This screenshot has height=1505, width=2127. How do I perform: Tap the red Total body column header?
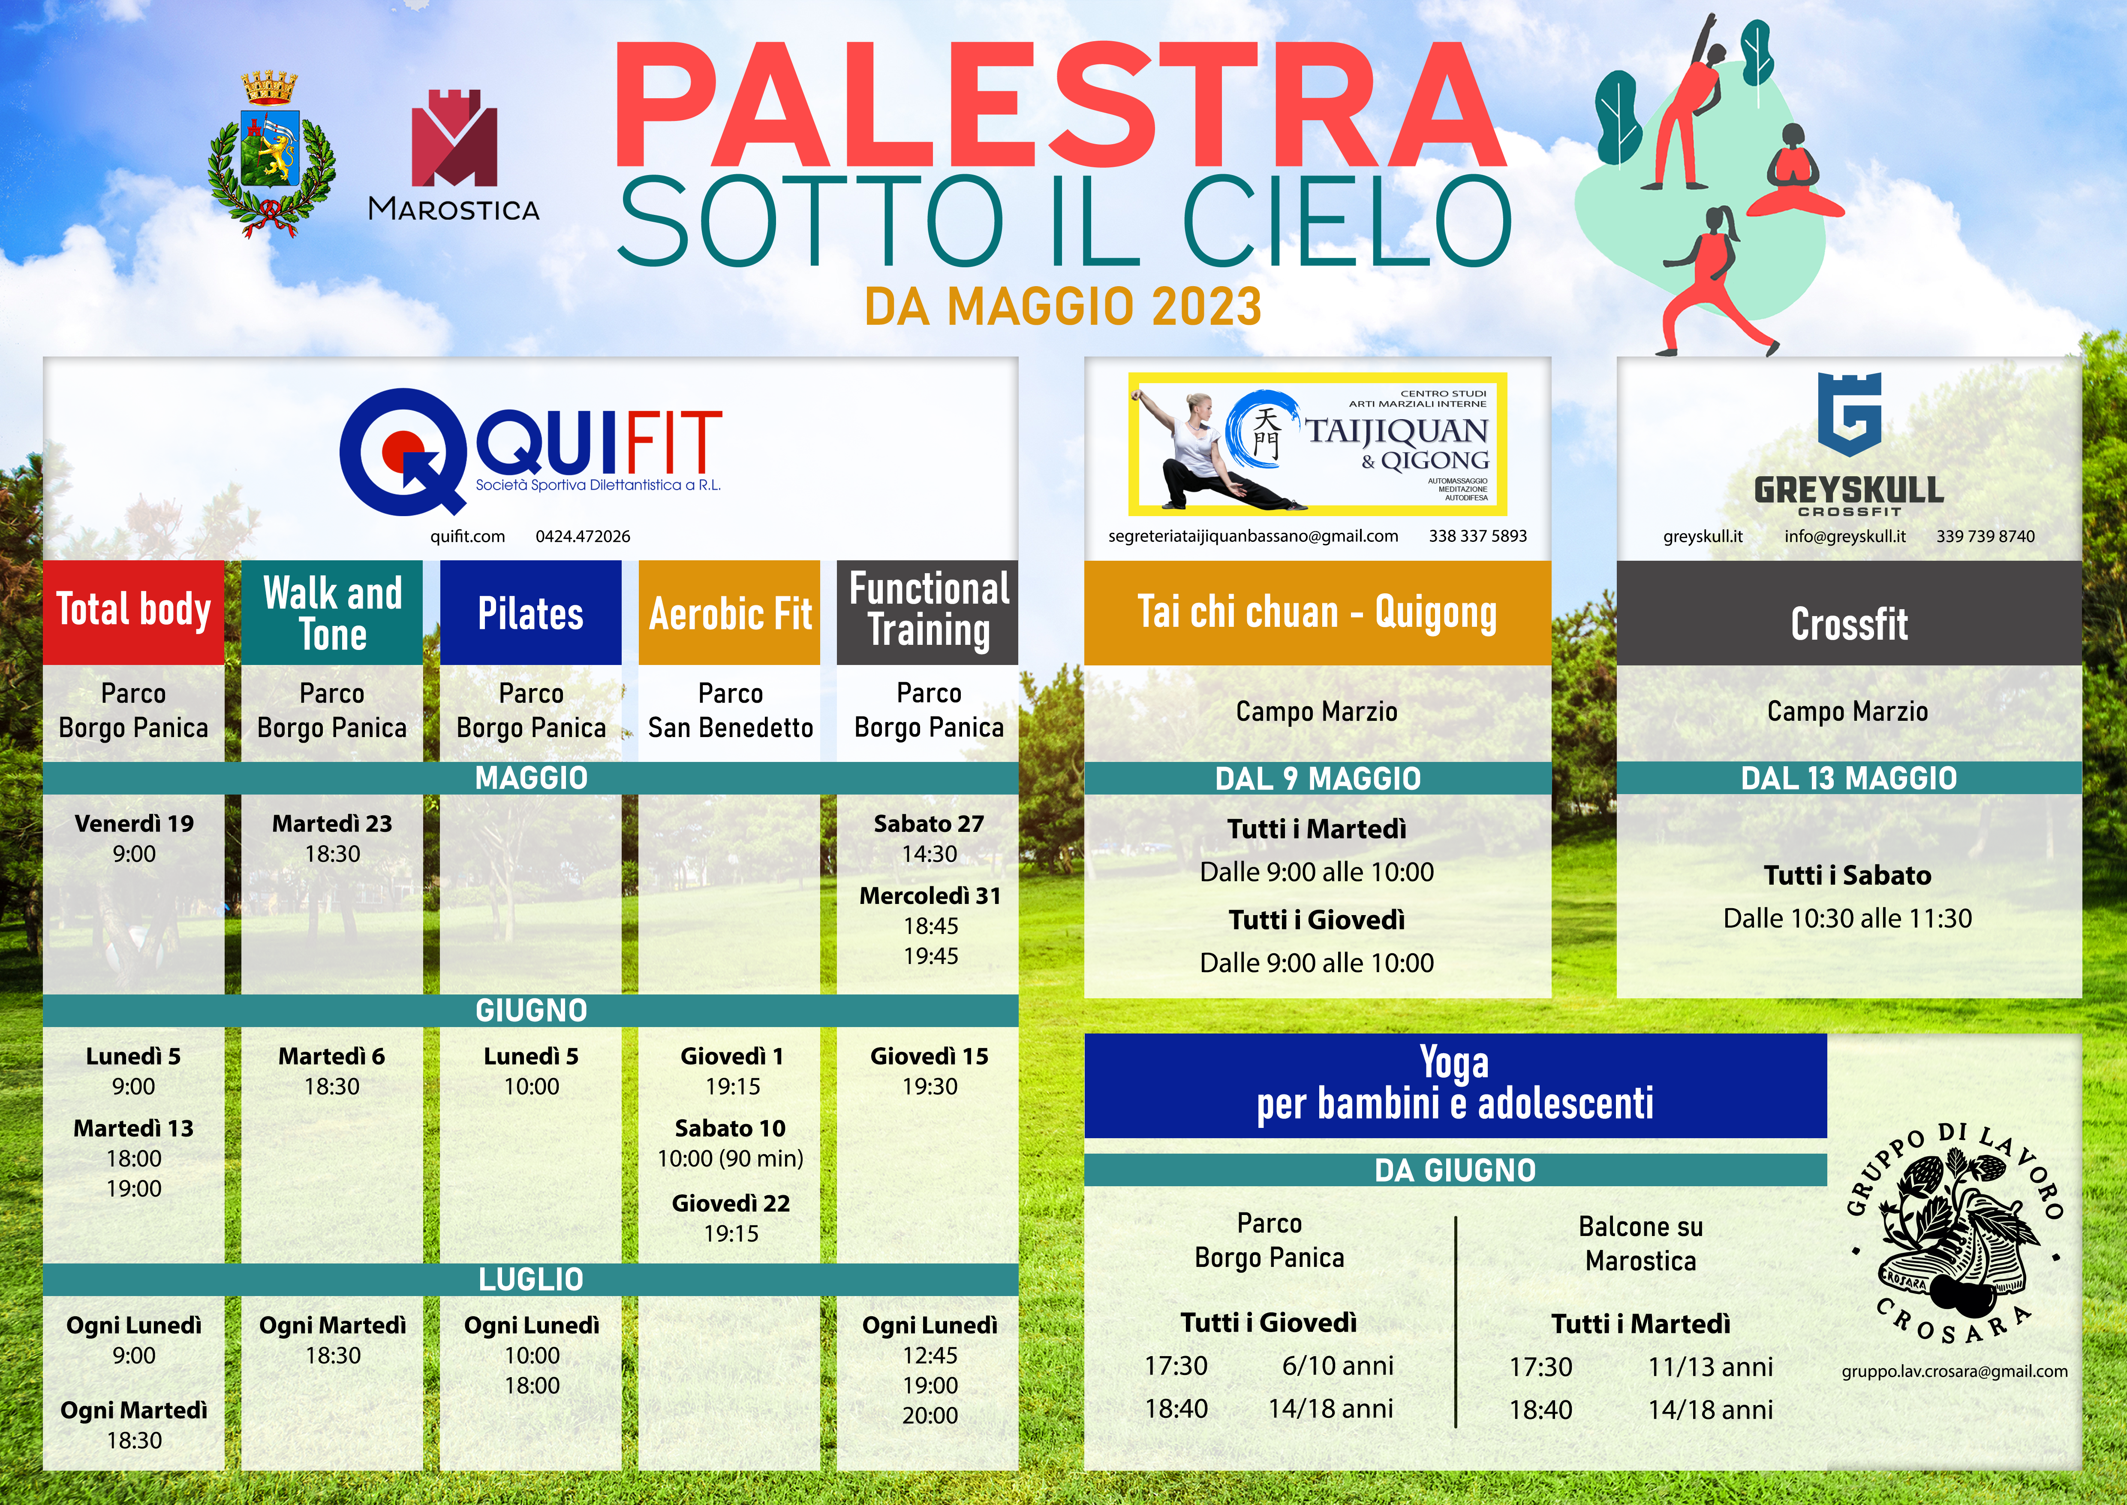coord(133,612)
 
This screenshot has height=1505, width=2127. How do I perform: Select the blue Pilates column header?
coord(531,612)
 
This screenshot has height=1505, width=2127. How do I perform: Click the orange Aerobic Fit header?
coord(730,612)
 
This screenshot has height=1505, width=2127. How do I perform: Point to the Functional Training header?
coord(928,612)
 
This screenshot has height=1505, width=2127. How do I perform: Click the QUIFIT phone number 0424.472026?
coord(583,537)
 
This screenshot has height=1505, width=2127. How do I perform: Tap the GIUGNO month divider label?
coord(531,1010)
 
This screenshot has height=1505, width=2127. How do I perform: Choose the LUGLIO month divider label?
coord(531,1280)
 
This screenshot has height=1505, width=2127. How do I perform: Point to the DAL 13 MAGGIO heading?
coord(1849,778)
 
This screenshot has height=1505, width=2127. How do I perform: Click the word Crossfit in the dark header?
coord(1849,624)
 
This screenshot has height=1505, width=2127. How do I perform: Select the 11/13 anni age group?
coord(1710,1367)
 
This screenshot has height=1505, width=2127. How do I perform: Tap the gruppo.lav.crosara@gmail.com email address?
coord(1955,1372)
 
